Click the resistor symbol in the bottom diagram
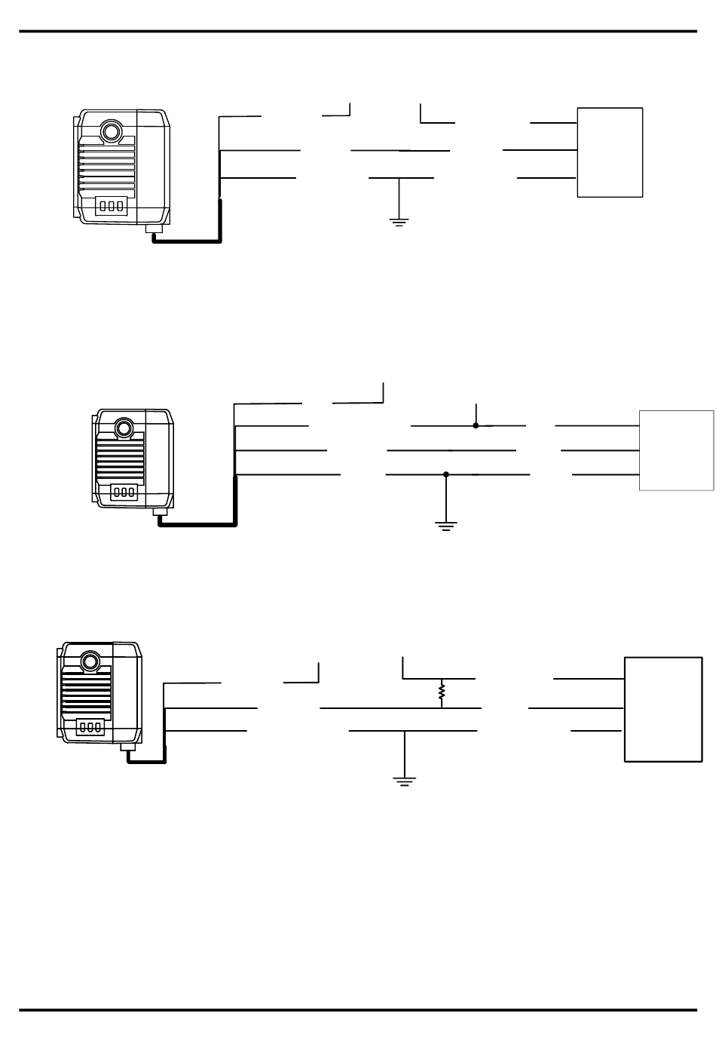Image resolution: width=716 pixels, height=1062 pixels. click(x=442, y=691)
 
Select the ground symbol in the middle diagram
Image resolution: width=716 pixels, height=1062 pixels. click(x=446, y=526)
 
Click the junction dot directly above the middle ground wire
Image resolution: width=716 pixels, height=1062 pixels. click(x=446, y=474)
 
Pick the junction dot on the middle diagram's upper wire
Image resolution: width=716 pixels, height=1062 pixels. click(x=476, y=425)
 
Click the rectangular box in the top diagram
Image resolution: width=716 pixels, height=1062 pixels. click(x=610, y=152)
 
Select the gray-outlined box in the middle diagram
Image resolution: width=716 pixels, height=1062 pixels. click(x=676, y=450)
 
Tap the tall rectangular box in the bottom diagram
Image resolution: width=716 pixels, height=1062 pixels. click(x=663, y=709)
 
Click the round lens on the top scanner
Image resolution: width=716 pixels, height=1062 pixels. click(x=112, y=131)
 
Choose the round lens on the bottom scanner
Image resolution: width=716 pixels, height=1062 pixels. click(x=91, y=661)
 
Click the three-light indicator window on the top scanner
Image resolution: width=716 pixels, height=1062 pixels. click(x=111, y=206)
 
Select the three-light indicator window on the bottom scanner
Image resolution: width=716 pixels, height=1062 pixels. click(x=90, y=728)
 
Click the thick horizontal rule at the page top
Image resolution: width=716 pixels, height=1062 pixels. click(x=358, y=32)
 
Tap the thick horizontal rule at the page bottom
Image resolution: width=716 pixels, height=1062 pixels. click(x=358, y=1010)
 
